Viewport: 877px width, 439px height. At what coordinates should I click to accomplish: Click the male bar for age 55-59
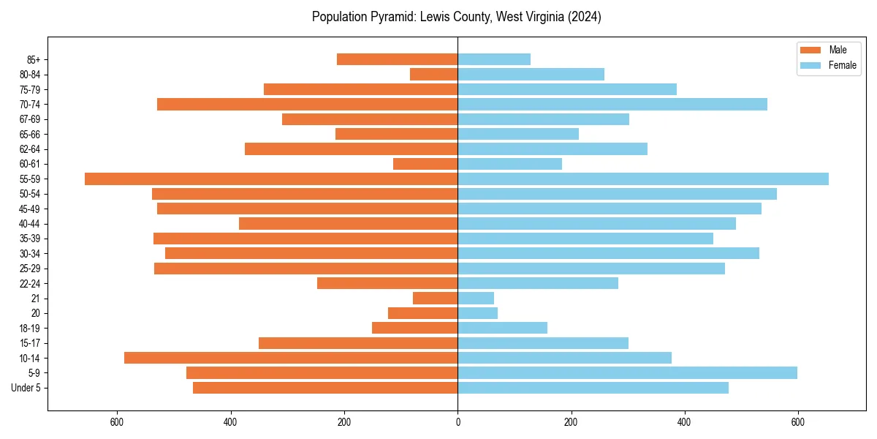point(271,179)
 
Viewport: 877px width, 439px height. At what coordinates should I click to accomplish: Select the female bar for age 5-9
point(627,373)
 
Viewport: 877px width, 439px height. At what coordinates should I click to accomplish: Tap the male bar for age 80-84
point(434,75)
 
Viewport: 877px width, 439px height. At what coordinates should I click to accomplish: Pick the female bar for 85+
point(494,59)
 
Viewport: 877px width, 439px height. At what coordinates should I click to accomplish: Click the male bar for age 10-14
point(291,358)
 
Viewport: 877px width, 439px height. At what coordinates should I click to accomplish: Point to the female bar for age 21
point(476,299)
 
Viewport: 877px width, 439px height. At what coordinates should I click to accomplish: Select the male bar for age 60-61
point(425,164)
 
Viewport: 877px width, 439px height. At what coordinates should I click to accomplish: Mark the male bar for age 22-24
point(387,283)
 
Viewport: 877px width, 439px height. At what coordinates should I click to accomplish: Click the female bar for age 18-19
point(503,328)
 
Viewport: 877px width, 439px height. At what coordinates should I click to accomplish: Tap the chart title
point(456,17)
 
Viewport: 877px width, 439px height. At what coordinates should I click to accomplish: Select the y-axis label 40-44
point(29,224)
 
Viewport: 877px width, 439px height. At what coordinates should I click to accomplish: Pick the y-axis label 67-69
point(29,119)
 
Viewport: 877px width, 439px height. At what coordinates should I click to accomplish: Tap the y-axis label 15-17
point(29,343)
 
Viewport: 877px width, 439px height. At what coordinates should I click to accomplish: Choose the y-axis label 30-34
point(29,254)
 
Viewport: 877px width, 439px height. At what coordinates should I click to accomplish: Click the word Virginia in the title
point(519,17)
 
